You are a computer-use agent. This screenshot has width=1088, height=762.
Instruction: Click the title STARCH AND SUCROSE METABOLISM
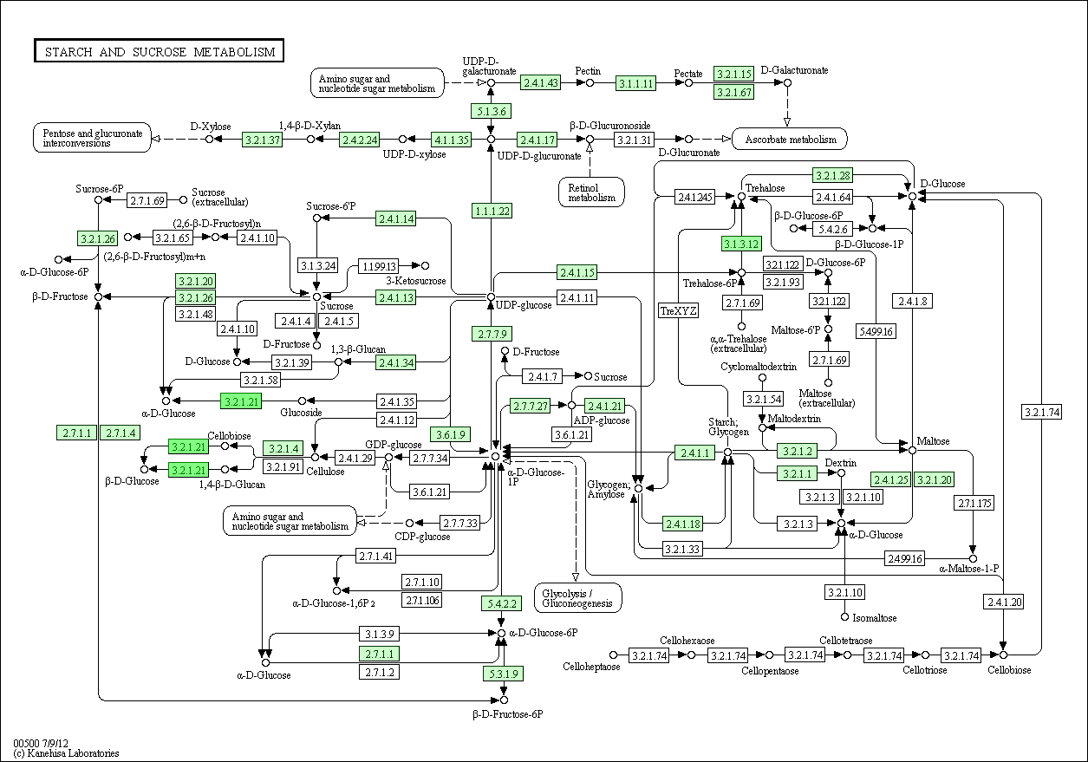click(159, 52)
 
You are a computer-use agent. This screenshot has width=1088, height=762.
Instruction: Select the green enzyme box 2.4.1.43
click(541, 83)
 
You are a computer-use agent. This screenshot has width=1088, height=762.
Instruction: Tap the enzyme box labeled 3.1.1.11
click(635, 83)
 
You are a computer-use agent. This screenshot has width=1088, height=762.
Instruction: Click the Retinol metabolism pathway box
click(591, 192)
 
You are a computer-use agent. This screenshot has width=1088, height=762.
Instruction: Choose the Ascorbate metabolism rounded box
click(789, 139)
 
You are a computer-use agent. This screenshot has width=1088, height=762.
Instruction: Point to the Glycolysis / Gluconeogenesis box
click(577, 597)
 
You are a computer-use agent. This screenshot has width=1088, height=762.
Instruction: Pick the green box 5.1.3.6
click(491, 110)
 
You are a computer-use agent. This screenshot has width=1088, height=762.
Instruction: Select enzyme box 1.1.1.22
click(492, 211)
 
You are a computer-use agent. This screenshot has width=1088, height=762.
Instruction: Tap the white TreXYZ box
click(679, 310)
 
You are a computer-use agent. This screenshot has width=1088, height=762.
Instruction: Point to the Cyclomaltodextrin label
click(759, 367)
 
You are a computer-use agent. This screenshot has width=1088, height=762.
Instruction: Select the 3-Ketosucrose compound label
click(416, 281)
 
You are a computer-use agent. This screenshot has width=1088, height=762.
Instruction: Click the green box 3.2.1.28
click(832, 176)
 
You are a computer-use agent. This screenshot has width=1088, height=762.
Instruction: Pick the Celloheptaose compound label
click(591, 668)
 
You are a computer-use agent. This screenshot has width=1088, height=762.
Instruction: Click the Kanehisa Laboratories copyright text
click(66, 753)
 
